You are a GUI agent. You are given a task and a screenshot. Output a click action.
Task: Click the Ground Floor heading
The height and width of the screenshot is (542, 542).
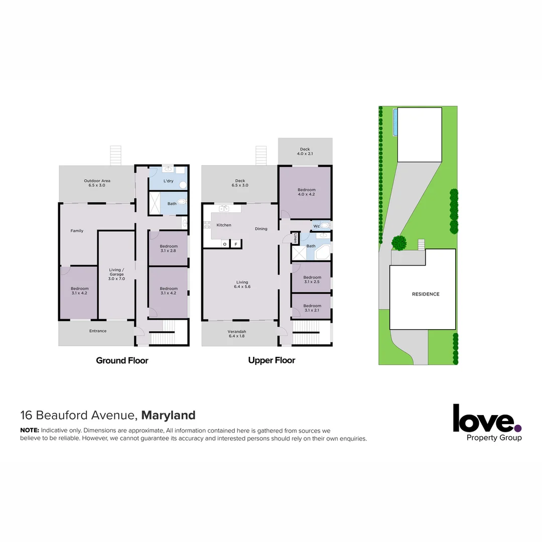122,360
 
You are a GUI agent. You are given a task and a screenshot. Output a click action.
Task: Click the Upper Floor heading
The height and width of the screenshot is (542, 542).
272,360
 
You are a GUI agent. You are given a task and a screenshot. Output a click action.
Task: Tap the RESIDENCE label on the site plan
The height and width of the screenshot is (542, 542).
426,294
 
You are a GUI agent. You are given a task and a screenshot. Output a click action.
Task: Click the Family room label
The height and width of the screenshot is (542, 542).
77,231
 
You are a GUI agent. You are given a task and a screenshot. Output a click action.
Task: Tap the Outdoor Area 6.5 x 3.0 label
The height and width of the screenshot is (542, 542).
97,183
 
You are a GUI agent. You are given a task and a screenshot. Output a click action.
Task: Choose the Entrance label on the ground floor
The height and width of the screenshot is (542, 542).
98,331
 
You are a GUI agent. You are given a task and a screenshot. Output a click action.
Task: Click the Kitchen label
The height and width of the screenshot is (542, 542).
224,225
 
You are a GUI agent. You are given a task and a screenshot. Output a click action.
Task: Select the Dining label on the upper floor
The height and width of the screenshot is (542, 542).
261,229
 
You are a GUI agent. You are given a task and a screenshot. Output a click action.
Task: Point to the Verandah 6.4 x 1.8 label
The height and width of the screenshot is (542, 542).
236,334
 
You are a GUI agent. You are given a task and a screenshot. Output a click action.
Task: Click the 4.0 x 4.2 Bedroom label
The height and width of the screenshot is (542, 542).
306,192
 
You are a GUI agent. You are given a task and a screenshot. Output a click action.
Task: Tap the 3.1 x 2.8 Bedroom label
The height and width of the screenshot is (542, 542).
169,248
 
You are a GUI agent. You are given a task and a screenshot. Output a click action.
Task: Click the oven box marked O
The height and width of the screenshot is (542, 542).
225,244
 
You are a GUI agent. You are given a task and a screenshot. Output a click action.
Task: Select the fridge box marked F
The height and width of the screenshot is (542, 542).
236,244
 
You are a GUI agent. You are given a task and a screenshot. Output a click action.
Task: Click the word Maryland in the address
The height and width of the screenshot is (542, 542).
168,416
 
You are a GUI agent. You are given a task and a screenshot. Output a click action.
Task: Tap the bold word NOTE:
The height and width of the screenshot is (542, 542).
30,431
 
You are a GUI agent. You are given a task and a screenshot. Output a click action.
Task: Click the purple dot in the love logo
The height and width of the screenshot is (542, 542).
518,428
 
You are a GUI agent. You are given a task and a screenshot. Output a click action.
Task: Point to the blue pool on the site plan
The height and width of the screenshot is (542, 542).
395,122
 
